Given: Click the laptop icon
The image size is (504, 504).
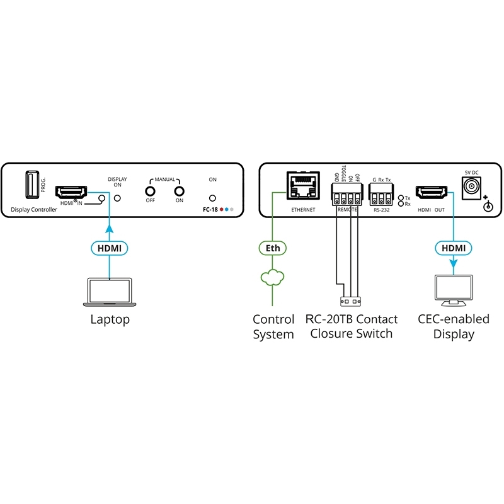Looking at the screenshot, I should tap(110, 292).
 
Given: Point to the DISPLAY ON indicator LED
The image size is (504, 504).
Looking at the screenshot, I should tap(117, 198).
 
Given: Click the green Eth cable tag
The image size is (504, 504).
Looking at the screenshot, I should tap(273, 248).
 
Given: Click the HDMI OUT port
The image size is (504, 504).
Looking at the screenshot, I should tap(431, 192).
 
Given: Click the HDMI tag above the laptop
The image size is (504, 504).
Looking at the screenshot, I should tap(110, 248).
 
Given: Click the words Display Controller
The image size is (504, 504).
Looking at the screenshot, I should tap(34, 210).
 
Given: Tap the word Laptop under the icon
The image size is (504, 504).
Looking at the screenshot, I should tap(110, 319).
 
